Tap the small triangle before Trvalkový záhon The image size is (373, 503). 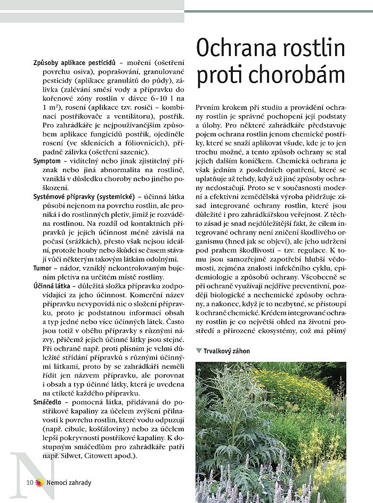click(199, 351)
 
